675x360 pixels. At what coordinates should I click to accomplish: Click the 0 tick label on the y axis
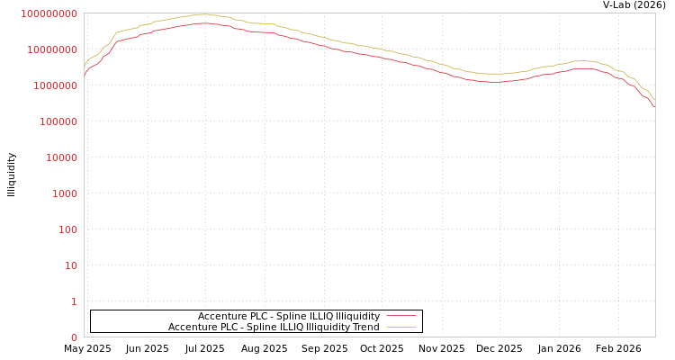click(x=74, y=337)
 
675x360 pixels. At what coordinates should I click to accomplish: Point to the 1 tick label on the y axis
click(x=74, y=301)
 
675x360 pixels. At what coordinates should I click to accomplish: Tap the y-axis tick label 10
click(x=71, y=265)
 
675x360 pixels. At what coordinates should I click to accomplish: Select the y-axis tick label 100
click(x=68, y=229)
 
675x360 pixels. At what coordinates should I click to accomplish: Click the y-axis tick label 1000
click(x=66, y=193)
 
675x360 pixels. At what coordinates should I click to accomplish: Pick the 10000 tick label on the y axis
click(x=63, y=157)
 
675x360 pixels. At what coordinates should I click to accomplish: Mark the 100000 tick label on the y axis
click(x=59, y=121)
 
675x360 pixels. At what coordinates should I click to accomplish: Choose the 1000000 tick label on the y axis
click(x=57, y=85)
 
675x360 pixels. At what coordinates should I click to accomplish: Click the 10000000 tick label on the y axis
click(x=53, y=49)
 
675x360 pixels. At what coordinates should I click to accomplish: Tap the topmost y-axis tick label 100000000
click(x=49, y=13)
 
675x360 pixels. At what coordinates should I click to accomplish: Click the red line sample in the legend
click(x=401, y=316)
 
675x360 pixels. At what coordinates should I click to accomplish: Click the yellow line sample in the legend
click(x=401, y=327)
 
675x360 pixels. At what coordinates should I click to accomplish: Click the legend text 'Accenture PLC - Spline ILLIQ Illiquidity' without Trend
click(x=288, y=316)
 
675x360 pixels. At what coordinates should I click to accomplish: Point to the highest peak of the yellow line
click(x=204, y=14)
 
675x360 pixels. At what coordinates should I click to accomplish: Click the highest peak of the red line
click(x=204, y=23)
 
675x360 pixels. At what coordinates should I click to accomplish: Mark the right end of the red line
click(x=654, y=107)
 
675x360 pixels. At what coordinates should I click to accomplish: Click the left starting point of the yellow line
click(x=84, y=65)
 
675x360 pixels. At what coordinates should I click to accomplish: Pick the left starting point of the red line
click(x=84, y=74)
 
